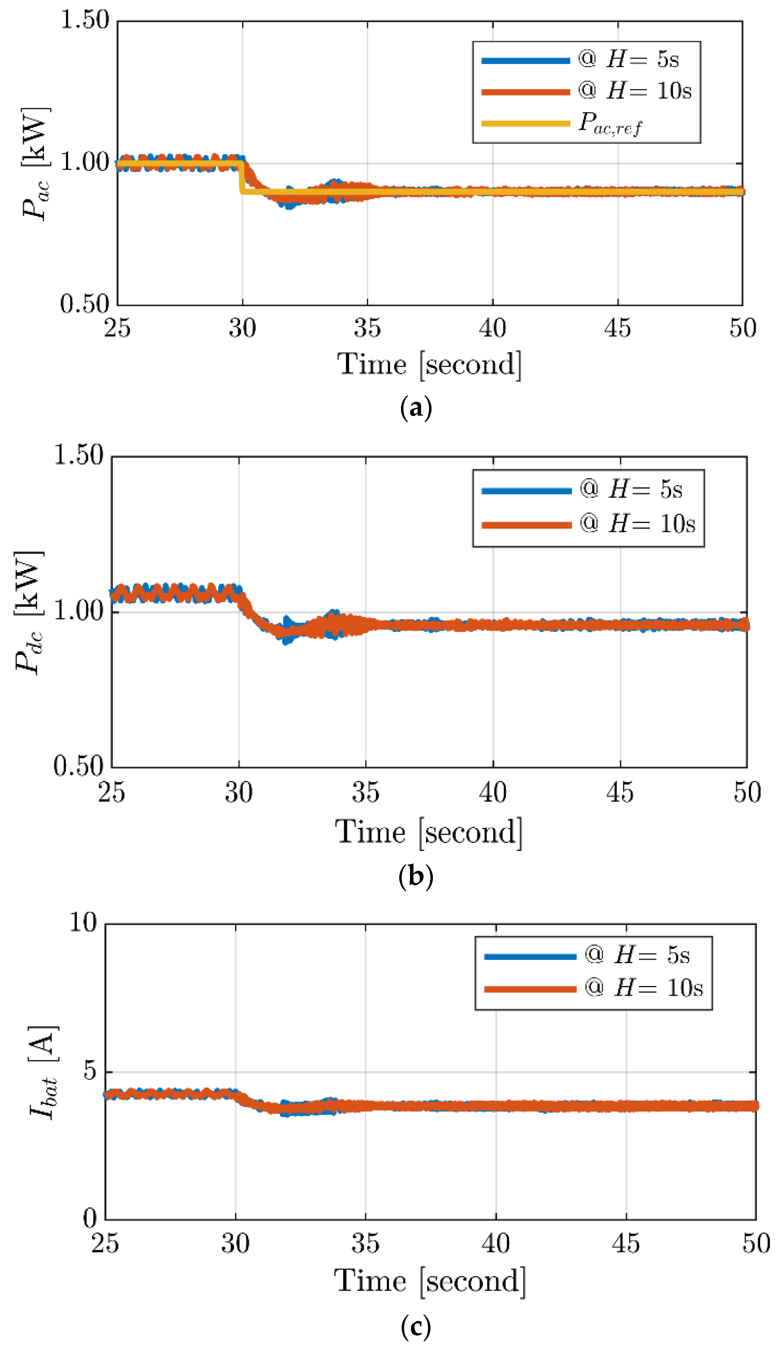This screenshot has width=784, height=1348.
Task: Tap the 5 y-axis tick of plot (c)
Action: coord(90,1072)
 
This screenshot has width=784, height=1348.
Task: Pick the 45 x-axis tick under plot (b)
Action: coord(620,792)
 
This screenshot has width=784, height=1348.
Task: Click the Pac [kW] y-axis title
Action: coord(35,163)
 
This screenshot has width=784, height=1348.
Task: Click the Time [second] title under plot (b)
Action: coord(428,832)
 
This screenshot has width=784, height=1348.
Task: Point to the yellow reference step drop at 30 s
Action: coord(242,178)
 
